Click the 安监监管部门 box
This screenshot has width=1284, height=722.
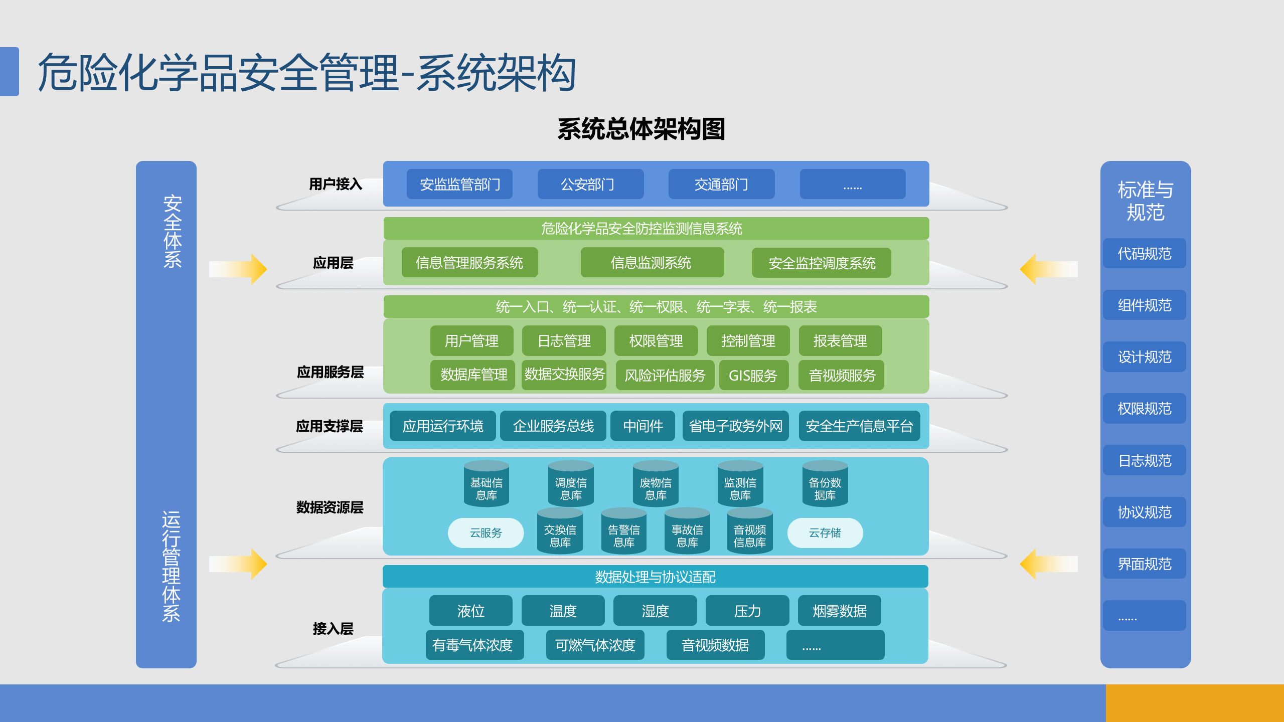tap(459, 184)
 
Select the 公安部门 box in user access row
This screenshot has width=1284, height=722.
tap(590, 184)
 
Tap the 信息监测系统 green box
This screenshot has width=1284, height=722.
tap(652, 262)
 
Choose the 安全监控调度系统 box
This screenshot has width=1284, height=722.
tap(821, 263)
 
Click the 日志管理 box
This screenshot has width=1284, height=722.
tap(564, 341)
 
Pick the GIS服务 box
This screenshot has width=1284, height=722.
tap(753, 375)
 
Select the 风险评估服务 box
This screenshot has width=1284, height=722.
tap(665, 375)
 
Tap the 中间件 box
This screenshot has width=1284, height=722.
tap(643, 426)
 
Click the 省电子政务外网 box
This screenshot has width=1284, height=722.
tap(735, 426)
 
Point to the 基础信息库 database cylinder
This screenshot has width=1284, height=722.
tap(486, 484)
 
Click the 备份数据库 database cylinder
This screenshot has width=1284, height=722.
tap(825, 484)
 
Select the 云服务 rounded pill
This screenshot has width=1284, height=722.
tap(486, 532)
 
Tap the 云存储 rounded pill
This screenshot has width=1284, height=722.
tap(825, 532)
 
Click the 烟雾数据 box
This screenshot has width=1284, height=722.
tap(839, 611)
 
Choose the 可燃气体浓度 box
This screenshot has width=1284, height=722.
tap(595, 645)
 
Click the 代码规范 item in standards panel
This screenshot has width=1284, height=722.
tap(1144, 253)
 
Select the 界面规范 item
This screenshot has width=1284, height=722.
tap(1144, 564)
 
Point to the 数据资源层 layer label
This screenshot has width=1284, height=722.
tap(330, 507)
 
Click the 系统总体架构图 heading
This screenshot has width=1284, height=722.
tap(641, 129)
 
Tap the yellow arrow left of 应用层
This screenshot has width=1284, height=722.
tap(238, 269)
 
